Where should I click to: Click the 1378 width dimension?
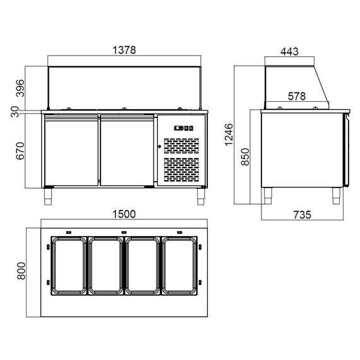[124, 51]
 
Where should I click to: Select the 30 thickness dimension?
[14, 111]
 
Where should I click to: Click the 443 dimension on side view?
[289, 51]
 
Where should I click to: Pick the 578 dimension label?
[296, 97]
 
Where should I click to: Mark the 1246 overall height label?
[229, 134]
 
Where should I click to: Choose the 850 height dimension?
[247, 157]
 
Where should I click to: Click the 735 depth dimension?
[302, 215]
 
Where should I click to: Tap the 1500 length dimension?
[124, 214]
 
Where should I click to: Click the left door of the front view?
[71, 151]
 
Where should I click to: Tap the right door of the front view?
[127, 151]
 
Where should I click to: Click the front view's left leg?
[49, 196]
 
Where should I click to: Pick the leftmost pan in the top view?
[68, 266]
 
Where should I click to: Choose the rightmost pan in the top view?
[180, 266]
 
